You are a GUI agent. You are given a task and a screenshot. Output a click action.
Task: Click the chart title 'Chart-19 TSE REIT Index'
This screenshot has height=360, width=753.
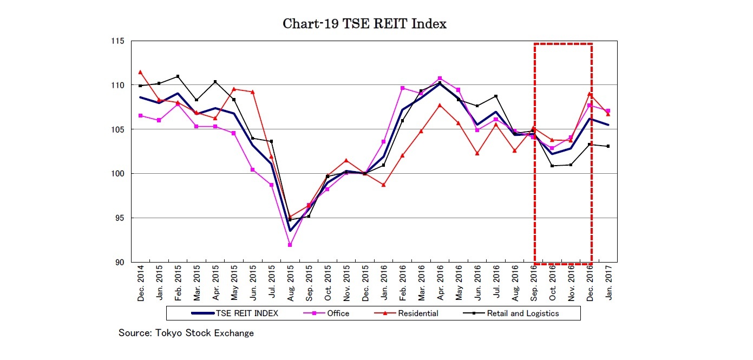coord(364,24)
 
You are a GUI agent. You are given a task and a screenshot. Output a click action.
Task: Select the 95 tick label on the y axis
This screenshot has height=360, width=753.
coord(119,218)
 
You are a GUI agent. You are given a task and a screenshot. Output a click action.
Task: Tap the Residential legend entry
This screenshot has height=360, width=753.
coord(417,313)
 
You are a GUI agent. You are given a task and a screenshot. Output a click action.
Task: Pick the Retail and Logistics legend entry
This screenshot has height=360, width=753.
coord(522,313)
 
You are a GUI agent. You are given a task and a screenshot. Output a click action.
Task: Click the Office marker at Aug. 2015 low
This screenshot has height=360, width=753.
coord(290,245)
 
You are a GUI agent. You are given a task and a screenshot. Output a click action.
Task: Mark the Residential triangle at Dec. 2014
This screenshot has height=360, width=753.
coord(140,72)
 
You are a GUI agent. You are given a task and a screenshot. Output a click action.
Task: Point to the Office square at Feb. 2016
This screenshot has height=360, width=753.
coord(402,88)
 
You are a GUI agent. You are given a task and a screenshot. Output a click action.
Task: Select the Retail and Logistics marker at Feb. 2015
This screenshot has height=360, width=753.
coord(178,76)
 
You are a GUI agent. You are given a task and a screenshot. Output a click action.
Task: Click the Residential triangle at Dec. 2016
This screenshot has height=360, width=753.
coord(590,94)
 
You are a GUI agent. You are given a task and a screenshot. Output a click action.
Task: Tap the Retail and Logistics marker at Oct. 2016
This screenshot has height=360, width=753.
coord(552,166)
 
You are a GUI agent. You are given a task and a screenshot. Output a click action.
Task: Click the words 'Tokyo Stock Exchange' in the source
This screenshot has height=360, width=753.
coord(206,333)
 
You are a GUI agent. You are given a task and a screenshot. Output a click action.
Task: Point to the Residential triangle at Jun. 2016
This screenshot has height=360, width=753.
coord(477,153)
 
